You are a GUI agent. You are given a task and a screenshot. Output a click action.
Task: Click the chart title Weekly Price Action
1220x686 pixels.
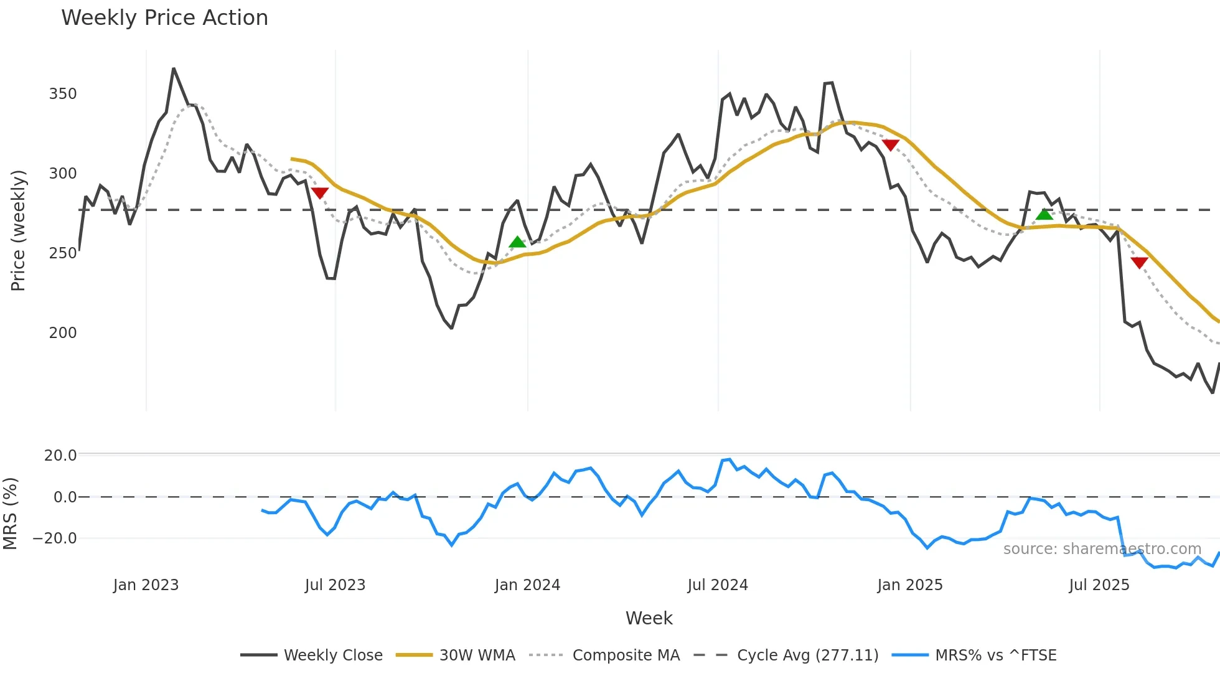point(164,18)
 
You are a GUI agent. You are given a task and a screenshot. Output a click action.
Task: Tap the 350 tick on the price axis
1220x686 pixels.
point(63,94)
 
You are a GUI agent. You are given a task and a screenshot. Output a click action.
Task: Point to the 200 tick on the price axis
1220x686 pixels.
point(63,333)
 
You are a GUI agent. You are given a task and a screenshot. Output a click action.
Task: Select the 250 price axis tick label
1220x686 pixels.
point(63,253)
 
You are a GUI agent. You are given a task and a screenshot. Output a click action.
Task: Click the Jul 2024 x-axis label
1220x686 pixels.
point(718,585)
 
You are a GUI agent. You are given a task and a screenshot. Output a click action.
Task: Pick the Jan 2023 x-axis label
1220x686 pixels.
point(146,585)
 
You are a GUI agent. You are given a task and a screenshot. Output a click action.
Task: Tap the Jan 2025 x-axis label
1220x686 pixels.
point(910,585)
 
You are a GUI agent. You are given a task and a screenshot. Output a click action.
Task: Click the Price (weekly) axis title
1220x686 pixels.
point(18,230)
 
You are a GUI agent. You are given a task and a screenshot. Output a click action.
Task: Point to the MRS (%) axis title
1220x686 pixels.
point(10,514)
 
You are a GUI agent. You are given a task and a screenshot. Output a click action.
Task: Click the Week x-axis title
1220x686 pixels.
point(649,618)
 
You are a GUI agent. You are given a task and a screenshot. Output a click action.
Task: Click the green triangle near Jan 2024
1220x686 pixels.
point(517,242)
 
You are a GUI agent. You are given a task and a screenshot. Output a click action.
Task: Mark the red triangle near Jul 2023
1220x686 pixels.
point(319,193)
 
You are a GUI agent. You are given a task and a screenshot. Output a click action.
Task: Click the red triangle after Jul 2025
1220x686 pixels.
point(1139,263)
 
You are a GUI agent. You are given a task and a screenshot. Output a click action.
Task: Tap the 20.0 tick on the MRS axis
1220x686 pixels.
point(60,456)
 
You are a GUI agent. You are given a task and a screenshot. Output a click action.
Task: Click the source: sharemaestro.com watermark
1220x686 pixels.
point(1102,549)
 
